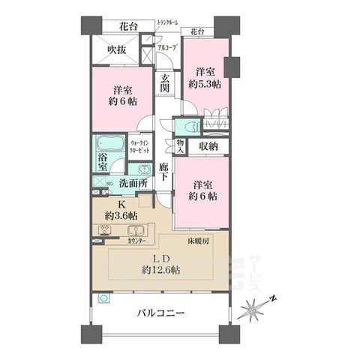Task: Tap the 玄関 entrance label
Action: [165, 82]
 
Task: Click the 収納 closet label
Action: [208, 146]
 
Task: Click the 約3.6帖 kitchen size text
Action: [120, 215]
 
